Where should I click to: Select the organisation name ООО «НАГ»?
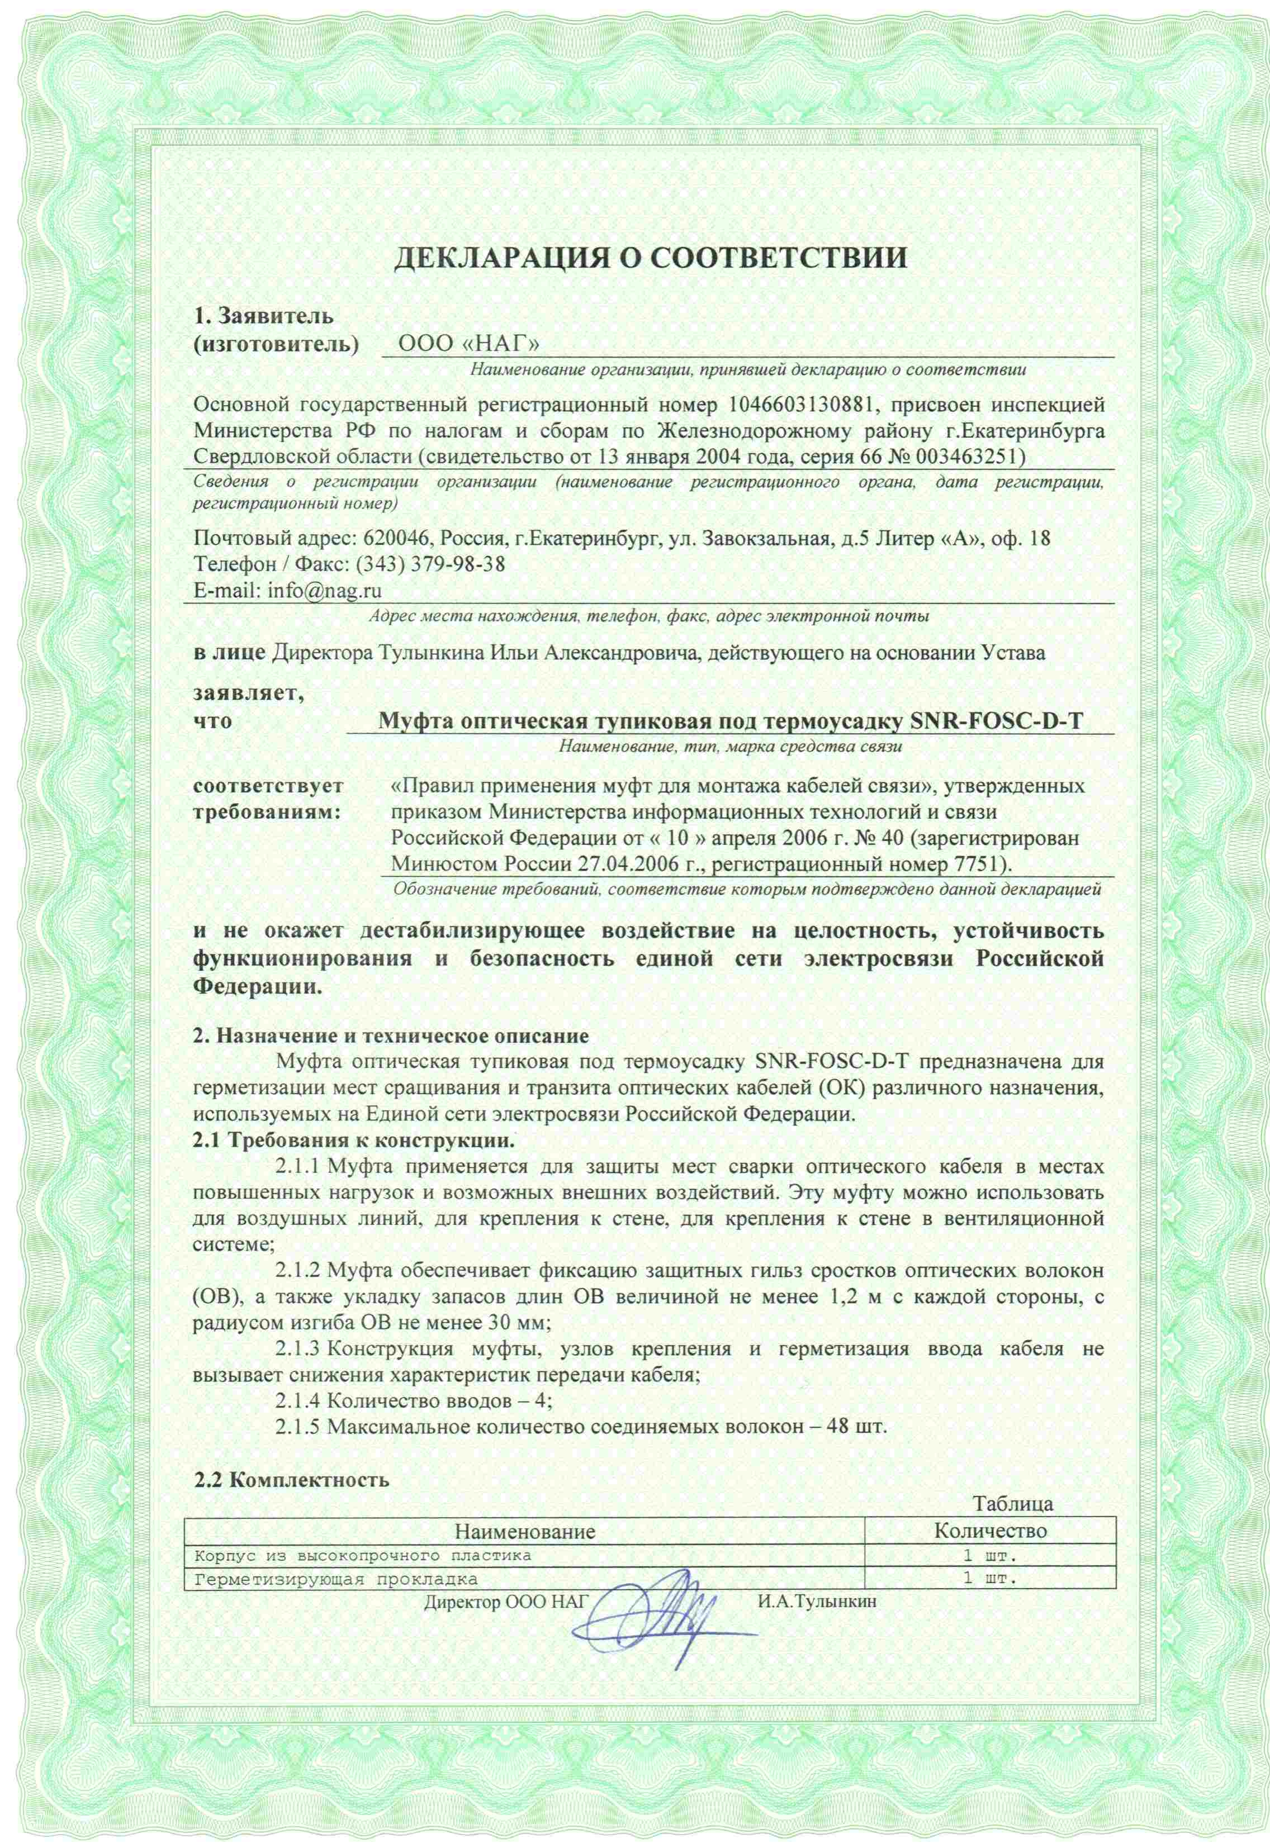point(470,344)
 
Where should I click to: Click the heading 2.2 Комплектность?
point(293,1480)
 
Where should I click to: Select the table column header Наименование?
point(525,1531)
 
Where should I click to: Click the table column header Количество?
point(990,1531)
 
